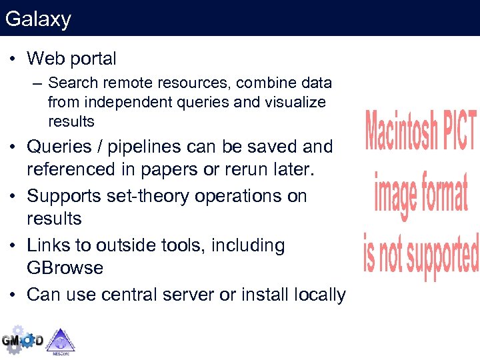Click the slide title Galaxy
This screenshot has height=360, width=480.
pyautogui.click(x=38, y=19)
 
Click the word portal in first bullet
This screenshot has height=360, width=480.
pyautogui.click(x=92, y=59)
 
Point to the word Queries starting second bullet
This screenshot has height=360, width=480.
pyautogui.click(x=57, y=147)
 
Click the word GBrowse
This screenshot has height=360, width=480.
pyautogui.click(x=65, y=268)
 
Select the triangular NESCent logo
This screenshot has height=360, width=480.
pyautogui.click(x=60, y=340)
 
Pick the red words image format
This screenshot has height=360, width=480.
pyautogui.click(x=421, y=193)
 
